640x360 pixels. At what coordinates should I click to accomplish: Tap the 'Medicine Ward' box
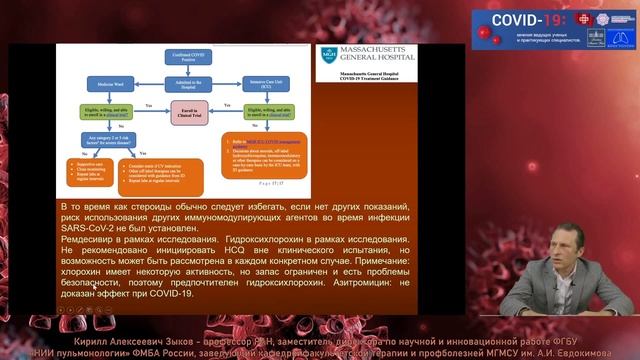[100, 92]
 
